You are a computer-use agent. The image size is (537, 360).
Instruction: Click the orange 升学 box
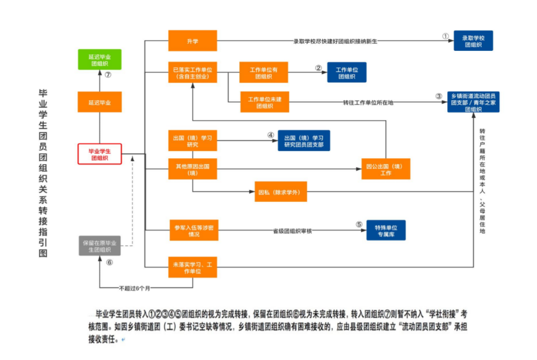pos(192,41)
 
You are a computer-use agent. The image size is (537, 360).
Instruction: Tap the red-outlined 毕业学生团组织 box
pos(99,154)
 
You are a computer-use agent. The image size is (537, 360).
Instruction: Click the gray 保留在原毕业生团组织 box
pos(99,246)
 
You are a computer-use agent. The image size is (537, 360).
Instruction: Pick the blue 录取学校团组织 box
pos(473,41)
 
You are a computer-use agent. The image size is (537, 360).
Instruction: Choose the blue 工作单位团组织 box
pos(347,72)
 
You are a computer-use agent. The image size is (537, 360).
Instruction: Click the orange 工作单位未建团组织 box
pos(264,102)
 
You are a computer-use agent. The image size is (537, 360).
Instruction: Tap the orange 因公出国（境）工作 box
pos(386,170)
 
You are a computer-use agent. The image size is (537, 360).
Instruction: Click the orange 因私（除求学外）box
pos(281,192)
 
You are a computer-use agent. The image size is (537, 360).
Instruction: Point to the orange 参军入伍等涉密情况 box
pos(192,231)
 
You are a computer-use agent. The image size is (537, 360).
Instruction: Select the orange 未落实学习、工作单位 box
pos(192,267)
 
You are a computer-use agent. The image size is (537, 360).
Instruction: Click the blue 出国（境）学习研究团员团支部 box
pos(304,140)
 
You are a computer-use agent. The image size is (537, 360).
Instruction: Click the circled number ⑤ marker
pos(359,225)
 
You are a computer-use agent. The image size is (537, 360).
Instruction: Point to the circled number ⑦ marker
pos(108,75)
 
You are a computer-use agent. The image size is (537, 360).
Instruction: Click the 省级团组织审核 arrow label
pos(293,230)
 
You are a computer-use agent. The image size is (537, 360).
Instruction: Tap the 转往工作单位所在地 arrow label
pos(368,102)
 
